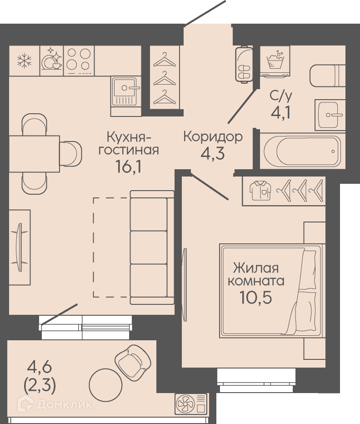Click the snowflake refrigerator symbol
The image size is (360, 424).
point(25,61)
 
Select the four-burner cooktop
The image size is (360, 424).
point(79,60)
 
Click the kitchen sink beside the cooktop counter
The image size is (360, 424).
point(125,91)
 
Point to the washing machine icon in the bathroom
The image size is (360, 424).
point(275,61)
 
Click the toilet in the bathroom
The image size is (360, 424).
point(327,76)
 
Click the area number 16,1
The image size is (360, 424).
point(128,166)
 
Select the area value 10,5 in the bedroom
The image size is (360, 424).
point(255,298)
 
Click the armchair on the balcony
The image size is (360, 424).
point(133,359)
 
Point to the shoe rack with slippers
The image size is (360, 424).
point(244,64)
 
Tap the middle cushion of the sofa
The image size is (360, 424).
point(148,247)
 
